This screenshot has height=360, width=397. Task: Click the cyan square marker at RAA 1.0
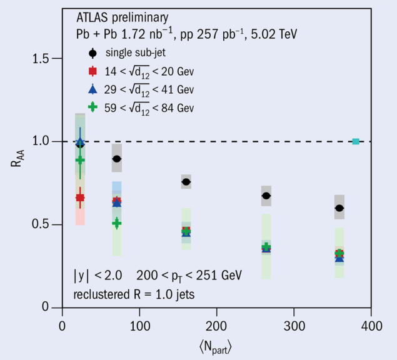(356, 141)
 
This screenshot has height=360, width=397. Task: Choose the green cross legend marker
(93, 107)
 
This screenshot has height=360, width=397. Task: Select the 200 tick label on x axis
(216, 326)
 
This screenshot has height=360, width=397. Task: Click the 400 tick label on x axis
(371, 326)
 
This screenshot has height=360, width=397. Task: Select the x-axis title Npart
(216, 346)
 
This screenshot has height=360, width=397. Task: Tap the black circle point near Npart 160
(186, 182)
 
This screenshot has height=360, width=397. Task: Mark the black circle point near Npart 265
(266, 196)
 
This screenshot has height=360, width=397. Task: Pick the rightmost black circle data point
(339, 207)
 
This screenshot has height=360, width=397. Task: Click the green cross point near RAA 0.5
(117, 223)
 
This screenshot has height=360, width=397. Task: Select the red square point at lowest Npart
(80, 197)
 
